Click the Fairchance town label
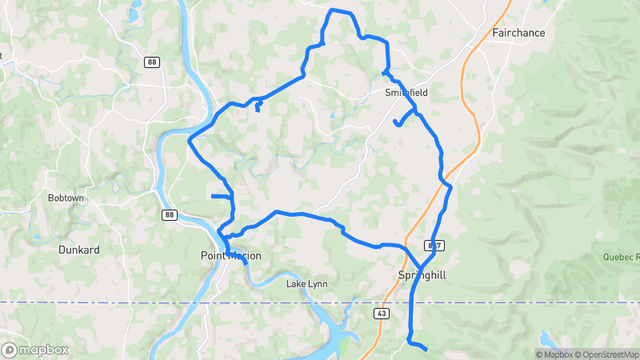click(518, 33)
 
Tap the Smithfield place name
click(406, 93)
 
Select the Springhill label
click(422, 275)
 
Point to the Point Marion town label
click(230, 256)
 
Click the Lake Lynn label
click(307, 284)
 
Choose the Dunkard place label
click(79, 250)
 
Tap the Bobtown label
click(66, 198)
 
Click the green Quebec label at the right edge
click(622, 258)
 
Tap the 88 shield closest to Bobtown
click(169, 214)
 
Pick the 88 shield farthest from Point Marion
click(152, 62)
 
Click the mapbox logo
click(35, 350)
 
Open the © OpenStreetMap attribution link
click(605, 354)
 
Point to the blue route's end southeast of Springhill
click(426, 349)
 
